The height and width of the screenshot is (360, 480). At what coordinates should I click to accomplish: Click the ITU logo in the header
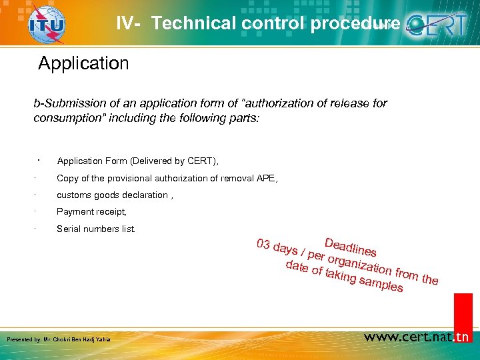(x=47, y=25)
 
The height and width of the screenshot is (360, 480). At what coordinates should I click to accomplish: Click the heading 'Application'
(x=83, y=63)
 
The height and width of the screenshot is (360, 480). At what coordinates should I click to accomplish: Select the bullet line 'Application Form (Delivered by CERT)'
(x=137, y=161)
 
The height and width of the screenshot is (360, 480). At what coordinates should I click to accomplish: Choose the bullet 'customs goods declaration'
(x=114, y=195)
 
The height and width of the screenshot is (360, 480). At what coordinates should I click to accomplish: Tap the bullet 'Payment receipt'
(x=91, y=211)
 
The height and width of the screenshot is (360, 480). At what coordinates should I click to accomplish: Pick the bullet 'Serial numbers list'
(x=95, y=229)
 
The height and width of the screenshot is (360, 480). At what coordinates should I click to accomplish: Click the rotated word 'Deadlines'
(x=350, y=246)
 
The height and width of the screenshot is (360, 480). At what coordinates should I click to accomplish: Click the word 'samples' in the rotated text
(x=381, y=285)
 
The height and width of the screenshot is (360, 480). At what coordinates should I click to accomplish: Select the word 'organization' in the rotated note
(x=358, y=264)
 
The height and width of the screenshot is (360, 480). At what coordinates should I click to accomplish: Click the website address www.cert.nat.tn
(x=417, y=337)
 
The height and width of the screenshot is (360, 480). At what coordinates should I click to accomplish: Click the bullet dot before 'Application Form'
(x=40, y=159)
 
